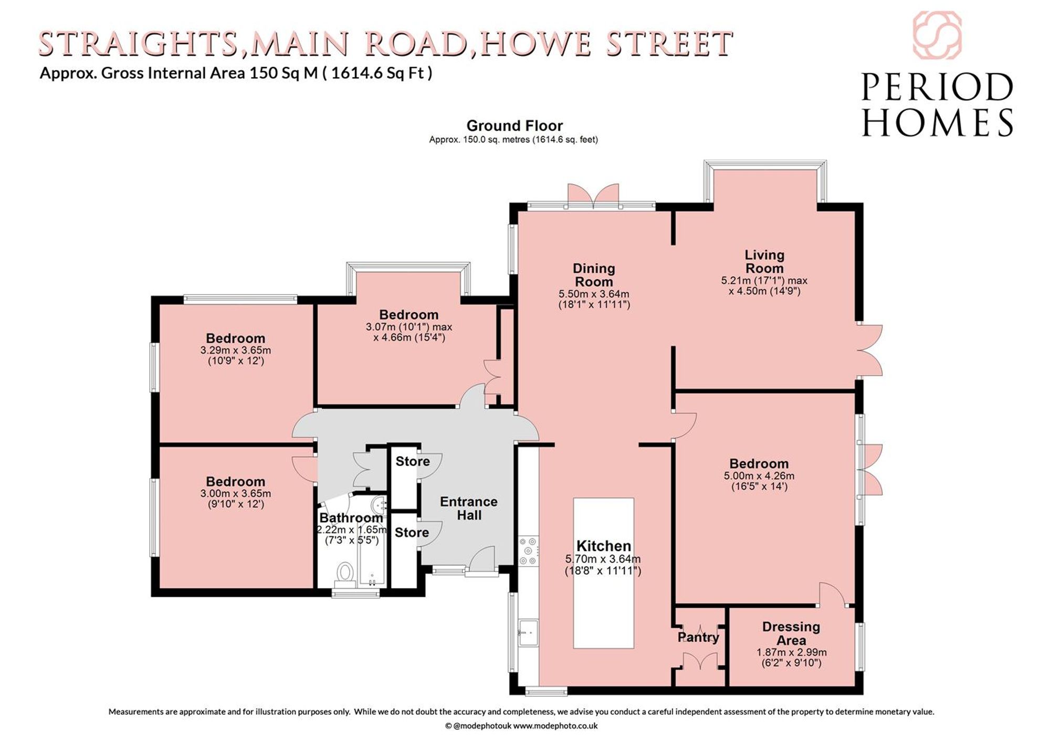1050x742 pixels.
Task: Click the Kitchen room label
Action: pyautogui.click(x=604, y=546)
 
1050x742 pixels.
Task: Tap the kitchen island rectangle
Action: pyautogui.click(x=604, y=573)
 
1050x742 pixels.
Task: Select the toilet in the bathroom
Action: pyautogui.click(x=345, y=574)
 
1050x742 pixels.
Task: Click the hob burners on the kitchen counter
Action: pyautogui.click(x=528, y=550)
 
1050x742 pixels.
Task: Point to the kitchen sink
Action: pyautogui.click(x=528, y=633)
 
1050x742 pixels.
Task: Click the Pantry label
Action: pyautogui.click(x=698, y=637)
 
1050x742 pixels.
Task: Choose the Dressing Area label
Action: pyautogui.click(x=791, y=633)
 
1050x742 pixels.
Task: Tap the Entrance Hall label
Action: pyautogui.click(x=469, y=508)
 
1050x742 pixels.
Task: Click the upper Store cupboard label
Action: pyautogui.click(x=413, y=461)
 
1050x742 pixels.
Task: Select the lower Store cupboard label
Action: pyautogui.click(x=412, y=533)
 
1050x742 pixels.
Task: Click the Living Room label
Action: pyautogui.click(x=764, y=261)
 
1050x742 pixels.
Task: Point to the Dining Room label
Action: pyautogui.click(x=594, y=275)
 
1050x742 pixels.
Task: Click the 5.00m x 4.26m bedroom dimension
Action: pyautogui.click(x=759, y=476)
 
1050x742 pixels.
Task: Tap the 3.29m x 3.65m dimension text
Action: pyautogui.click(x=236, y=350)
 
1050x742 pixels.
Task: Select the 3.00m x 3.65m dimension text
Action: pyautogui.click(x=236, y=493)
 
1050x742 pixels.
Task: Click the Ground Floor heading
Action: pyautogui.click(x=514, y=126)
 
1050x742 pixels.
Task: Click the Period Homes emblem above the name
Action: pyautogui.click(x=937, y=35)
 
